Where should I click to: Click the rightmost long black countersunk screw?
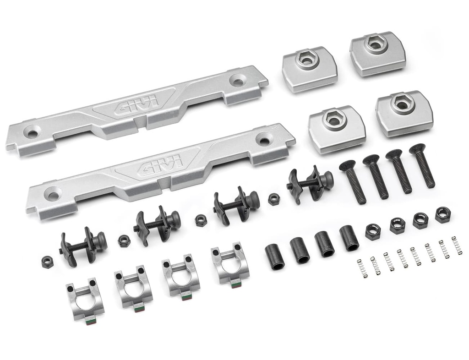pos(423,166)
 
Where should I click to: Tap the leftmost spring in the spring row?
pos(362,268)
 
